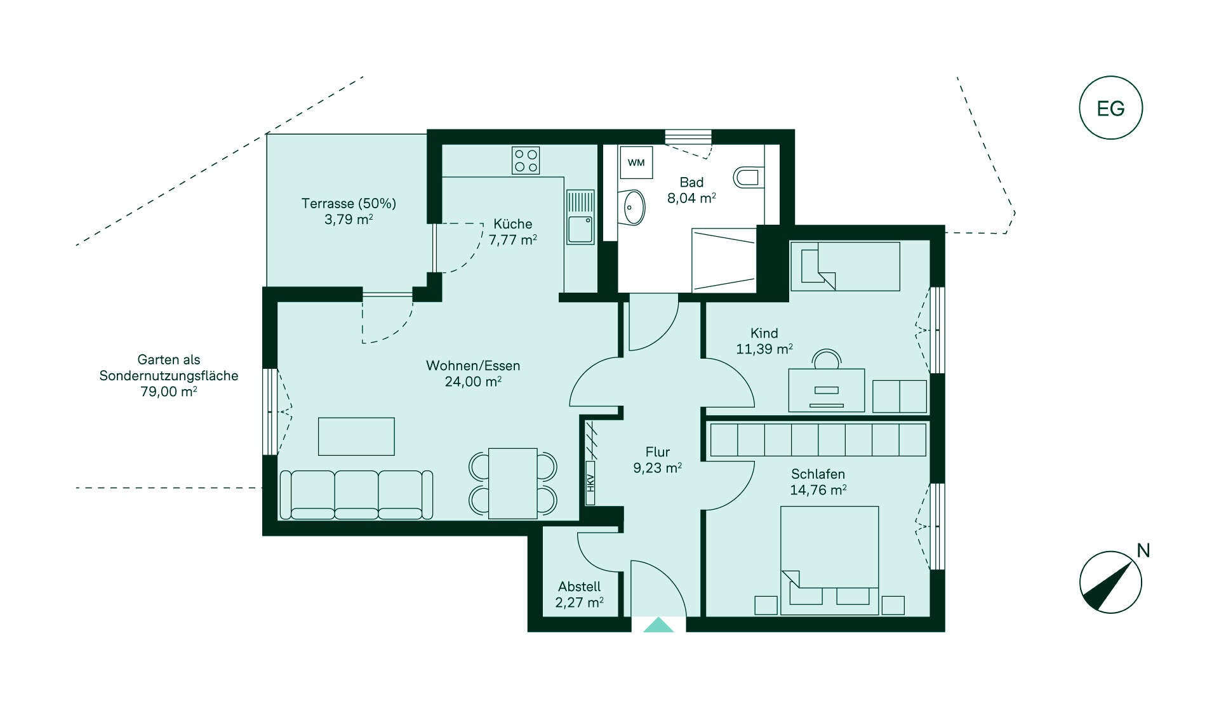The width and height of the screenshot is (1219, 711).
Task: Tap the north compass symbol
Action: (x=1111, y=581)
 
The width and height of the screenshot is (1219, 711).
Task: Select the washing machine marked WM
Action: (x=636, y=163)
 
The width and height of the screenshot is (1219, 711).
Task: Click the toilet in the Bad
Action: (x=749, y=177)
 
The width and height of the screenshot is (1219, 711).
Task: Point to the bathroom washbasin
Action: (x=633, y=207)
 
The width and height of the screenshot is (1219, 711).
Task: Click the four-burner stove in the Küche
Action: (x=526, y=161)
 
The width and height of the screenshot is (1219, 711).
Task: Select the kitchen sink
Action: (x=580, y=217)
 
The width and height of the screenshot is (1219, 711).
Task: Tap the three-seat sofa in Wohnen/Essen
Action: (x=356, y=495)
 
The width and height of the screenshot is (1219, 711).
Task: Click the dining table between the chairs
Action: (x=513, y=483)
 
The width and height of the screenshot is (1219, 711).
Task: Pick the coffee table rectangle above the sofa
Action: (x=356, y=436)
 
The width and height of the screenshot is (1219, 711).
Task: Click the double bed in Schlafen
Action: (x=830, y=561)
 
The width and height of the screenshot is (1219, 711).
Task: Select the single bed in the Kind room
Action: (x=845, y=266)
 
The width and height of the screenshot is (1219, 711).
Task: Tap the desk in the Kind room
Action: (x=826, y=390)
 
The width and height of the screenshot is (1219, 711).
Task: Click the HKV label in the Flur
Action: (x=590, y=483)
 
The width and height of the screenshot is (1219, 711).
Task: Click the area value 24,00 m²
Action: (x=473, y=382)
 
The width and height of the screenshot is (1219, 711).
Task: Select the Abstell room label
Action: (x=579, y=587)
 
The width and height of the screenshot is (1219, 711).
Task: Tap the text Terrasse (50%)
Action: (x=349, y=203)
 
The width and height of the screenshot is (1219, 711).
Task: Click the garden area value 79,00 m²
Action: (x=168, y=392)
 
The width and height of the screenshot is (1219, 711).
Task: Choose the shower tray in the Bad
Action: (x=724, y=260)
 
